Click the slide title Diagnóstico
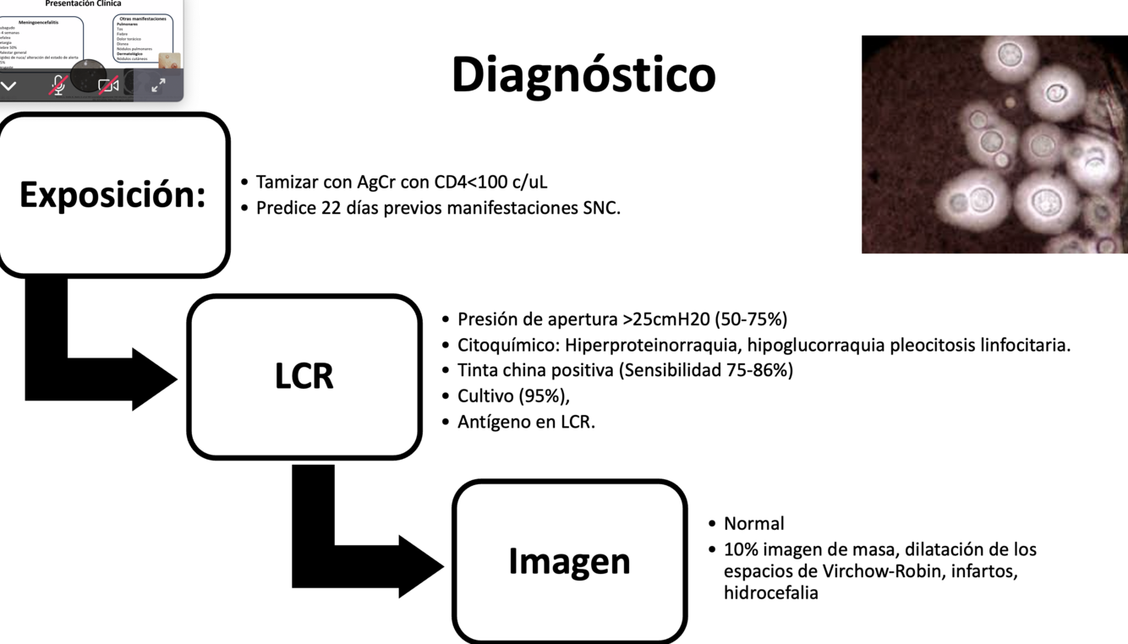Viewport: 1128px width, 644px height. pyautogui.click(x=583, y=75)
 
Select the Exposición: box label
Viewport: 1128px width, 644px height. pyautogui.click(x=112, y=194)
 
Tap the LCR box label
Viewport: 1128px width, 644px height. pyautogui.click(x=304, y=376)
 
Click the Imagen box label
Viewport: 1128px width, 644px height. pyautogui.click(x=569, y=561)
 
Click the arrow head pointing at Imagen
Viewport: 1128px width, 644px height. pyautogui.click(x=419, y=565)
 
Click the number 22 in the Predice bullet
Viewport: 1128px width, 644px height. pyautogui.click(x=331, y=208)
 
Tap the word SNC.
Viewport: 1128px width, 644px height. pyautogui.click(x=601, y=208)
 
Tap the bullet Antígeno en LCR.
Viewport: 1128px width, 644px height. pyautogui.click(x=526, y=422)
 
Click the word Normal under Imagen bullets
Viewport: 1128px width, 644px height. pyautogui.click(x=753, y=523)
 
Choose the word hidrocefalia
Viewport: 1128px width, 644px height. pyautogui.click(x=770, y=592)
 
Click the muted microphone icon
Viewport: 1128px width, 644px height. pyautogui.click(x=58, y=85)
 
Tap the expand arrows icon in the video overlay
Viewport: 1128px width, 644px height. pyautogui.click(x=158, y=85)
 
